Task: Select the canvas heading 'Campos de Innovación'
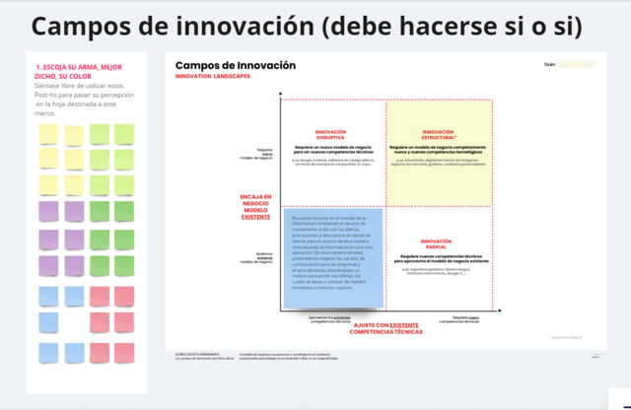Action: pos(235,65)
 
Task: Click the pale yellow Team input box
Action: pos(577,64)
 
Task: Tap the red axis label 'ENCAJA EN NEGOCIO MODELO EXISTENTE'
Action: pos(255,206)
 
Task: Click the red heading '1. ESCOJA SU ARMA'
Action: pos(78,72)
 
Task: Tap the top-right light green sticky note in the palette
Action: pos(124,133)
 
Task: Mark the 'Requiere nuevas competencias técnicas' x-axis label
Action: pos(459,319)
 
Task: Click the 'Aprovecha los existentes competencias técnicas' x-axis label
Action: pos(329,319)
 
